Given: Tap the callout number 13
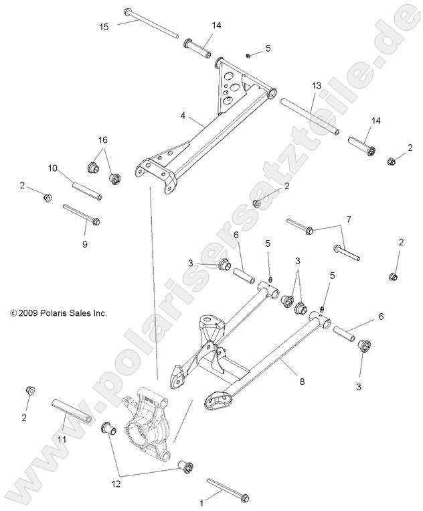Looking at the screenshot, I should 317,86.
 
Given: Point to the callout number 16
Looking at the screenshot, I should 102,140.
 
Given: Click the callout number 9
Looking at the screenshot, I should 84,244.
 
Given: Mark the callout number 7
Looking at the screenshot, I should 348,219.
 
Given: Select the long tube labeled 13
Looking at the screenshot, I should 309,116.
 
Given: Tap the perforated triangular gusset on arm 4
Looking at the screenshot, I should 230,87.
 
